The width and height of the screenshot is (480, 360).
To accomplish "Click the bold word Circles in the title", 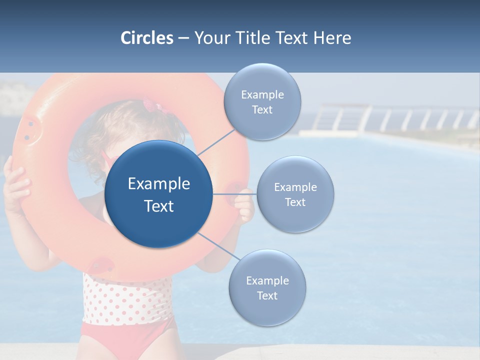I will [146, 38].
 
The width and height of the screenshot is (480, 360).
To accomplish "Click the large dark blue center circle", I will [158, 194].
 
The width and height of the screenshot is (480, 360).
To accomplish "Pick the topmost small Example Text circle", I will [262, 102].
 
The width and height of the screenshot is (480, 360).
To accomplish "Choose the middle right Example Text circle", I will [295, 194].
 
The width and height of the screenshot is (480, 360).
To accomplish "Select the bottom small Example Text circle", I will [267, 288].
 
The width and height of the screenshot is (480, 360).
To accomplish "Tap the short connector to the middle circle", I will [235, 194].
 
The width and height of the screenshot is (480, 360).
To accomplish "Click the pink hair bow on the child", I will [150, 105].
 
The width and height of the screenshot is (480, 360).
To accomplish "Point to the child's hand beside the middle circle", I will [245, 205].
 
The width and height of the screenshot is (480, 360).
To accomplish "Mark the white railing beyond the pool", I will [395, 120].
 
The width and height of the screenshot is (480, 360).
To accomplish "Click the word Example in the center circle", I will [159, 184].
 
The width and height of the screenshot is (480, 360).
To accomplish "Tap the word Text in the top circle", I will [262, 110].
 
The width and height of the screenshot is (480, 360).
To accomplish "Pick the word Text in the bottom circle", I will [267, 295].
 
